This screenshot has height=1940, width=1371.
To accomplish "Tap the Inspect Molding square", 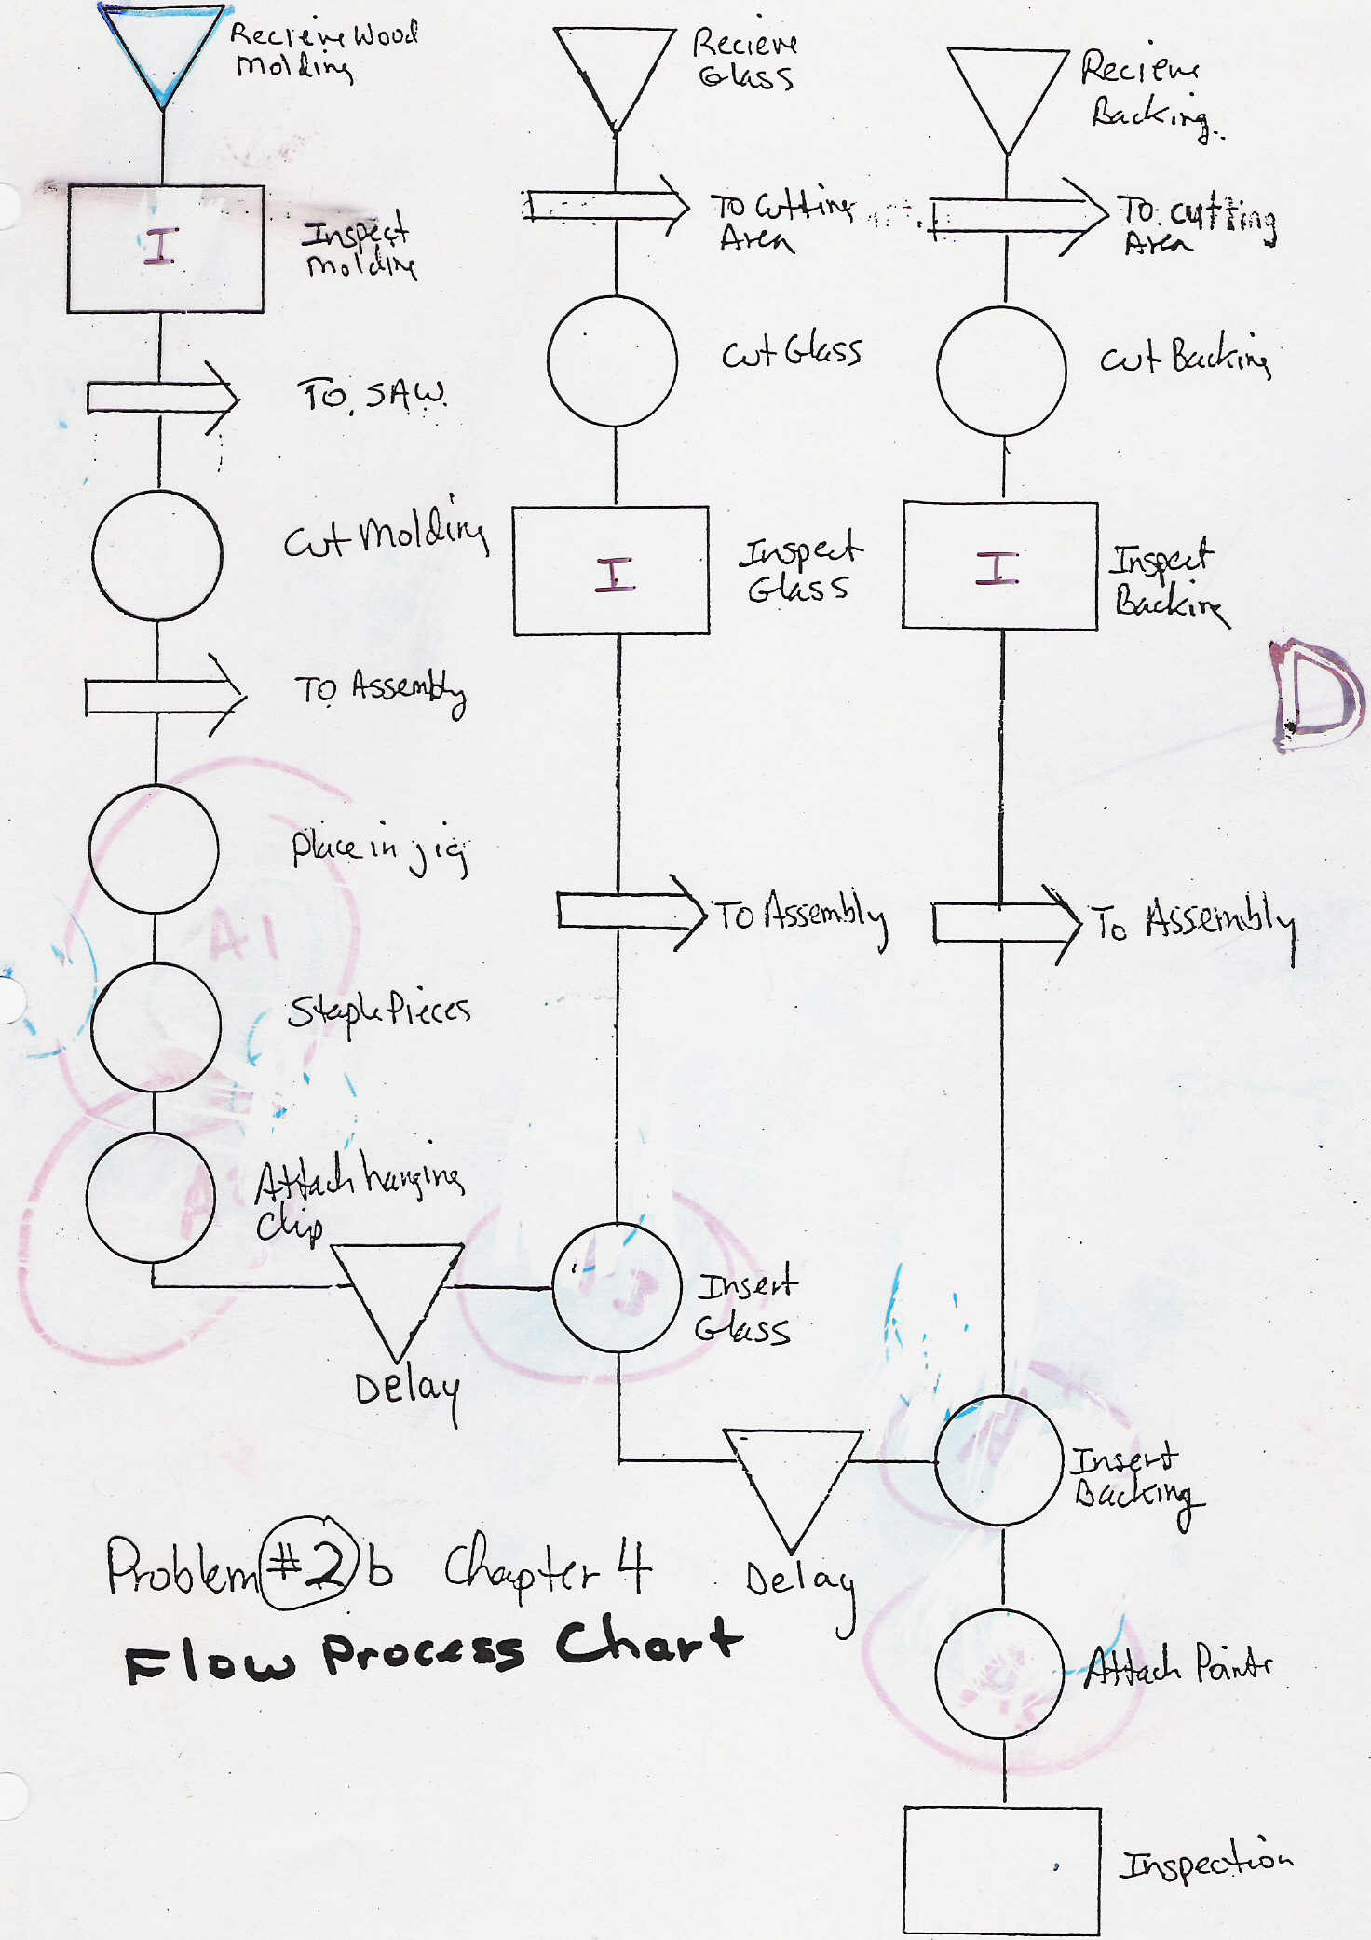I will click(x=165, y=248).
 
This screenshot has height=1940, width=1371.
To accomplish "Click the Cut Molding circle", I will click(x=157, y=555).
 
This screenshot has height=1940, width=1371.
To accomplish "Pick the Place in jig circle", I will click(x=155, y=848).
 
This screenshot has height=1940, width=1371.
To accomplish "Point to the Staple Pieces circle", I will click(x=156, y=1026).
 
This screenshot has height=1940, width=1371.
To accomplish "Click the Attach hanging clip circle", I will click(x=152, y=1198).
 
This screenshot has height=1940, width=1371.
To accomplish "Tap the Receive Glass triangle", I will click(x=615, y=70).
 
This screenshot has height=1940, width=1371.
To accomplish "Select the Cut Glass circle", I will click(x=613, y=361).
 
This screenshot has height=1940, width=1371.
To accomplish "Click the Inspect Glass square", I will click(x=612, y=571).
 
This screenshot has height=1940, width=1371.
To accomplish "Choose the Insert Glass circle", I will click(x=617, y=1287).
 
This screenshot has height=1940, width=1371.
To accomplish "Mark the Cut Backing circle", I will click(x=1001, y=371).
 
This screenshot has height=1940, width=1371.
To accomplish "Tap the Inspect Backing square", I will click(x=1000, y=566).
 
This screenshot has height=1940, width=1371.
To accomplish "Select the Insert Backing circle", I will click(x=999, y=1460).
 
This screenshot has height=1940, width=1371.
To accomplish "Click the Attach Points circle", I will click(x=999, y=1674).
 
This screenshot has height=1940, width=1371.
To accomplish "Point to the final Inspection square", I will click(x=1001, y=1870).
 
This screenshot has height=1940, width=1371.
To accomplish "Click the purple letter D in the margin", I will click(x=1317, y=695).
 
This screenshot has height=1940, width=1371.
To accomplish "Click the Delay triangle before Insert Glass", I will click(x=398, y=1293).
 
